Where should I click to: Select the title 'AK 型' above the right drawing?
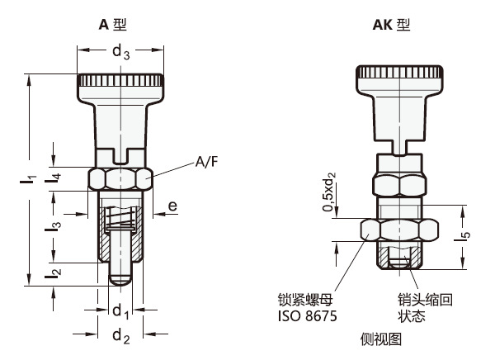[x=391, y=25]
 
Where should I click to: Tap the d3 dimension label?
[x=121, y=54]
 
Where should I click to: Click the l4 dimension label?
[x=54, y=176]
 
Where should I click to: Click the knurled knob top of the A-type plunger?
[x=121, y=83]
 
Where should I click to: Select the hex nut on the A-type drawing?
[x=121, y=178]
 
